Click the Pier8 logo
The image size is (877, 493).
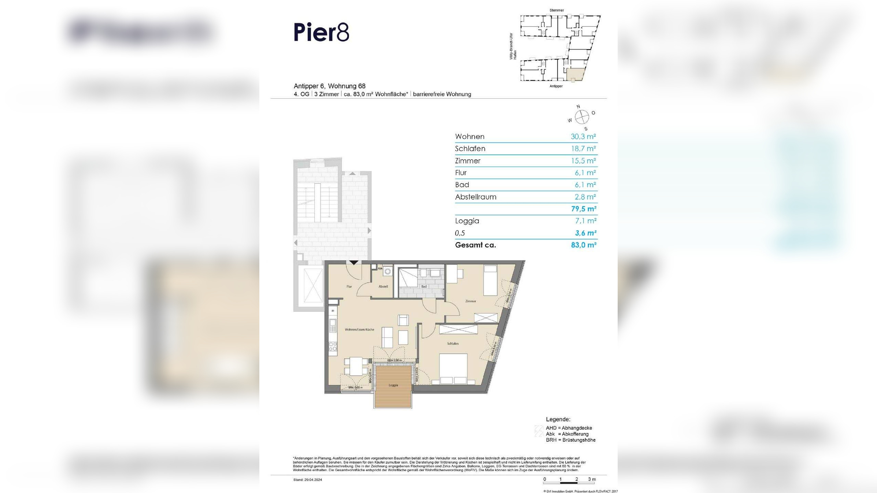point(321,33)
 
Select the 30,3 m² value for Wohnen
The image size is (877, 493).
point(583,137)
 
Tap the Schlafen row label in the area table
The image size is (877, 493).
point(470,149)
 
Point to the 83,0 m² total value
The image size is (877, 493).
point(583,245)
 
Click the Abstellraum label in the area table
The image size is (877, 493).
point(475,197)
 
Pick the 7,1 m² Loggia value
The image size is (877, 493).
point(585,221)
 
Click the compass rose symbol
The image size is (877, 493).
point(582,117)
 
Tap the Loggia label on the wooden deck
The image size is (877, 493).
point(393,385)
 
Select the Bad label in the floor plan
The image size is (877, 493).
point(424,287)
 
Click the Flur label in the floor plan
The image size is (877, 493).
point(349,287)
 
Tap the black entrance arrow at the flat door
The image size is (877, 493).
point(354,263)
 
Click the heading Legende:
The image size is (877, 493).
point(558,419)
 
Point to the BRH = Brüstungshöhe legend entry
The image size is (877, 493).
point(570,440)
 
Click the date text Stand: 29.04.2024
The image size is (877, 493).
point(308,480)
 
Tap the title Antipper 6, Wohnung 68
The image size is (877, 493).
point(330,86)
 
